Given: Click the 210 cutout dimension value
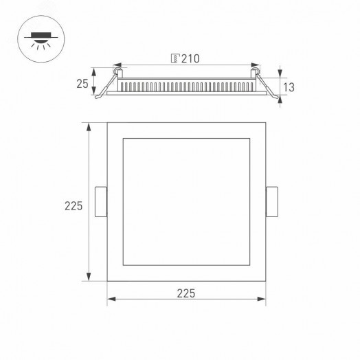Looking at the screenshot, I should pyautogui.click(x=190, y=59).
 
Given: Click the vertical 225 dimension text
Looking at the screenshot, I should pyautogui.click(x=74, y=205).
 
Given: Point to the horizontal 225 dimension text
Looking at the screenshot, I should pyautogui.click(x=186, y=293).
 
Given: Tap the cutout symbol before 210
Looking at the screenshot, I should pyautogui.click(x=175, y=59).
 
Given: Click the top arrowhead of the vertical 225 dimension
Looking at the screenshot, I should pyautogui.click(x=88, y=126).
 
